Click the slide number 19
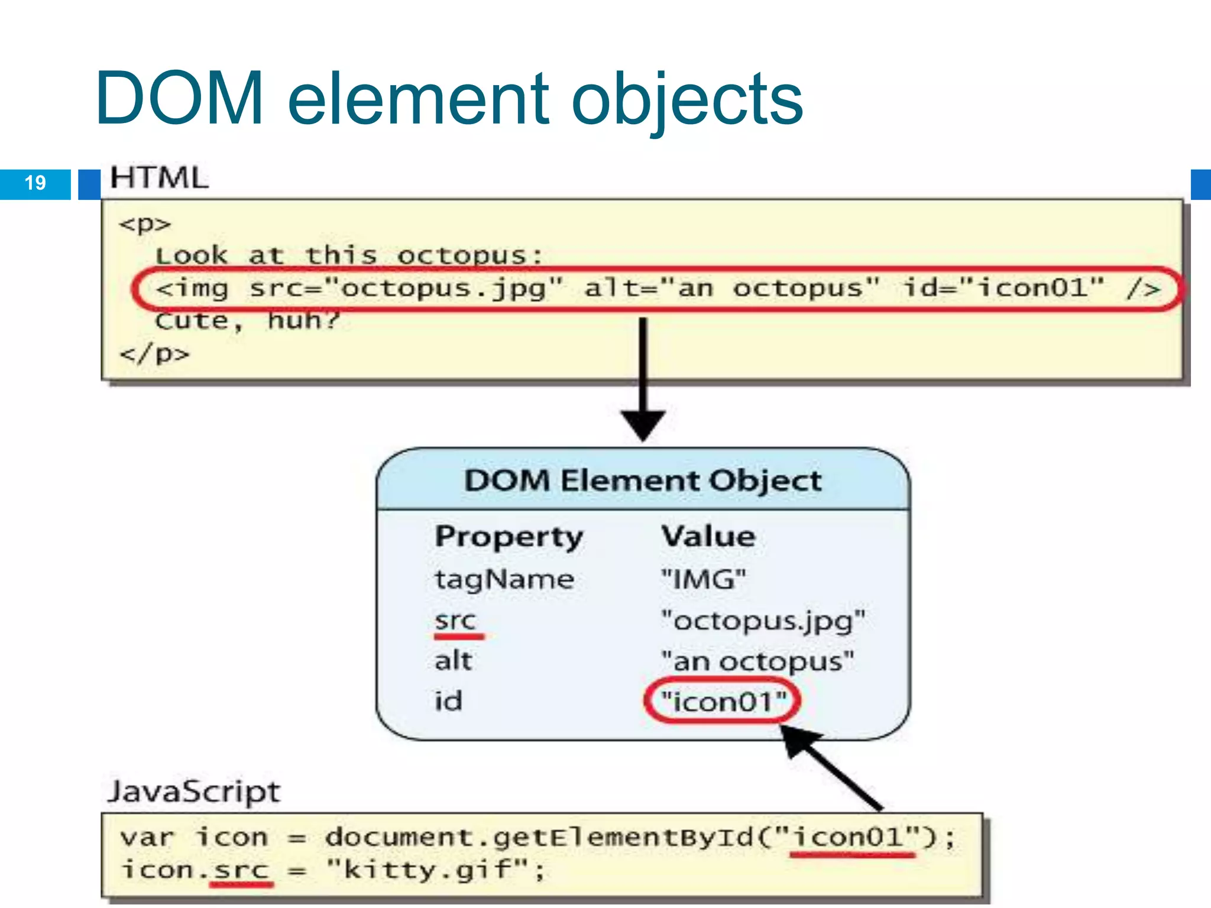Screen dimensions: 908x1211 tap(35, 183)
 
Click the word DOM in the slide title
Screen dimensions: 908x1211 tap(179, 98)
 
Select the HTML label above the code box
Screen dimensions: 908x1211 tap(159, 178)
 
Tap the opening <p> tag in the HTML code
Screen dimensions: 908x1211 tap(145, 224)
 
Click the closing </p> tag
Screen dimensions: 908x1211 tap(154, 354)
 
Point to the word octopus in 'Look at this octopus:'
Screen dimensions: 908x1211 tap(461, 256)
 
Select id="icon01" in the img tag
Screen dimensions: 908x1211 tap(1003, 288)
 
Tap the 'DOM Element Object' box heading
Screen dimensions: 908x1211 tap(643, 480)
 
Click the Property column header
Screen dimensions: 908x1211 tap(509, 537)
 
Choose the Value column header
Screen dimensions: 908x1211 tap(708, 536)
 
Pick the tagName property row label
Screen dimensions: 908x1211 tap(504, 579)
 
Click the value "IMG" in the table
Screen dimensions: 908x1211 tap(704, 579)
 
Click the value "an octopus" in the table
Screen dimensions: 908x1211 tap(757, 661)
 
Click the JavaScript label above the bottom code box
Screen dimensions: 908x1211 tap(194, 792)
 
